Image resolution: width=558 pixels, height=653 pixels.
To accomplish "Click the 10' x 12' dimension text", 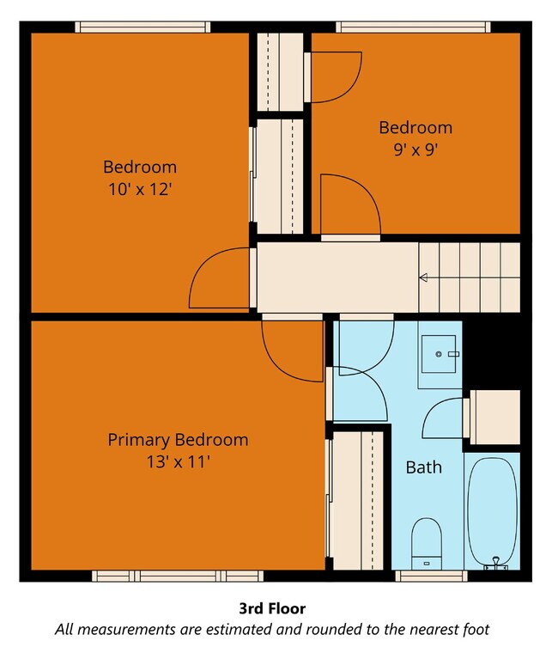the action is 140,190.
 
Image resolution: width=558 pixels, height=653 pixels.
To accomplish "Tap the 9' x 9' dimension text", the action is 415,150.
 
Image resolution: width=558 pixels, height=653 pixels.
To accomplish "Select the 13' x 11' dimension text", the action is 178,462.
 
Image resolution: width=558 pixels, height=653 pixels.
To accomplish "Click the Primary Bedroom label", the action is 178,440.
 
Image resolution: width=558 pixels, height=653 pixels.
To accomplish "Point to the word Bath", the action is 423,467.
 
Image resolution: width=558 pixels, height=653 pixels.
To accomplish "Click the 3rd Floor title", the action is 272,608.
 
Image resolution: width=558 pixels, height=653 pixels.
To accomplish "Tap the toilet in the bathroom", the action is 427,544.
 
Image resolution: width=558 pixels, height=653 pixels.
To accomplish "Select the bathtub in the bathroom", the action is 493,513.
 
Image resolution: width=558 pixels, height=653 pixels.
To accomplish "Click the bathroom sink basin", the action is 439,354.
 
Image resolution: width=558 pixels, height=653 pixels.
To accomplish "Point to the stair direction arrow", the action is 422,278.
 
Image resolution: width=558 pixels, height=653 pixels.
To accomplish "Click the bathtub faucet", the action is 496,563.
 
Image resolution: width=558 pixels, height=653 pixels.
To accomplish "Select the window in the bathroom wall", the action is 431,576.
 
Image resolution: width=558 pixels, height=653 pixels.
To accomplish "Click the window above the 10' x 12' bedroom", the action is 143,27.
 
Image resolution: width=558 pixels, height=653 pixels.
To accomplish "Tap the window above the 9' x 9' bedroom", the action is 413,27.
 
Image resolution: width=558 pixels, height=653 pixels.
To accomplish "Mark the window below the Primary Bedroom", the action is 178,576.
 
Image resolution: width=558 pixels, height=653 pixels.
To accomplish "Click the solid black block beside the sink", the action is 491,355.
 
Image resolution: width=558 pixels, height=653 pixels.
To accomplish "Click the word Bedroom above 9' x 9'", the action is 415,127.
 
